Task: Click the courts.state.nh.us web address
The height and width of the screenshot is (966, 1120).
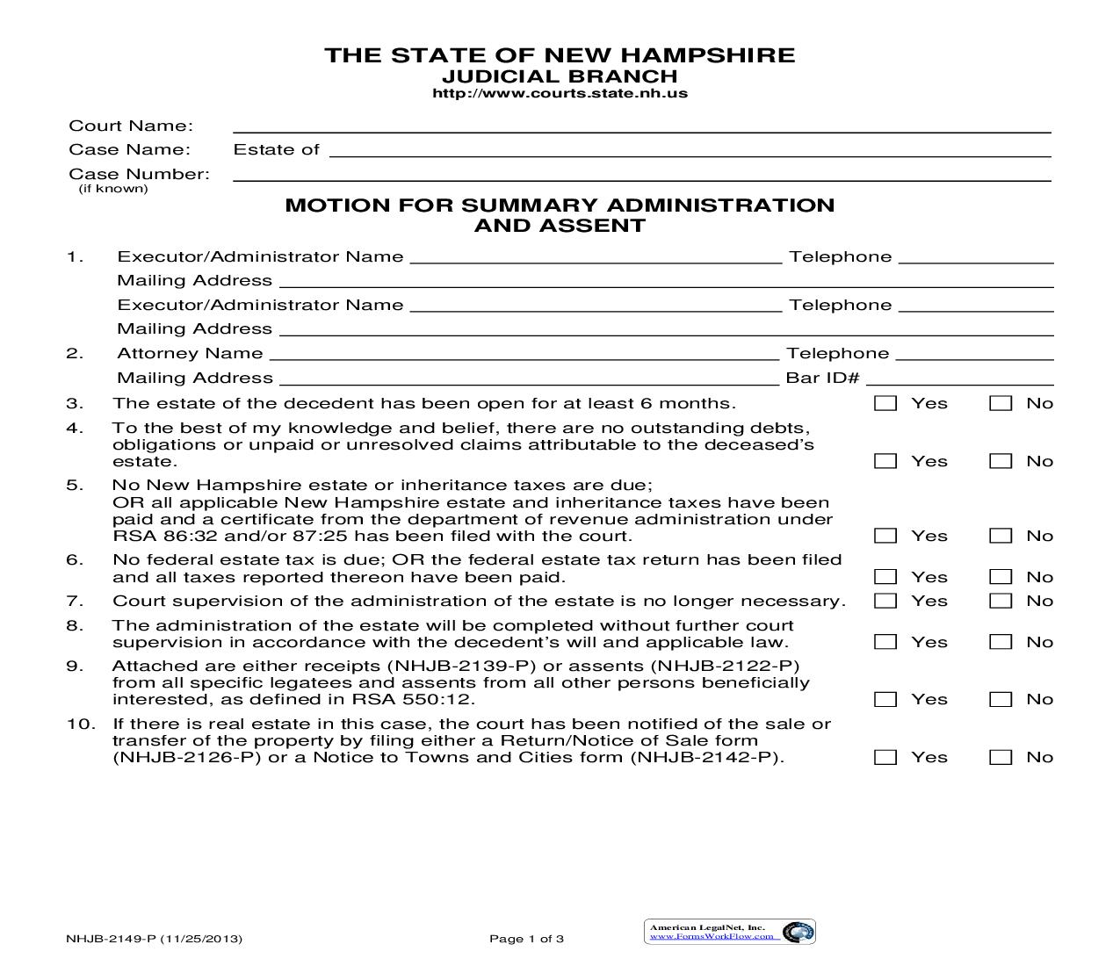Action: tap(560, 93)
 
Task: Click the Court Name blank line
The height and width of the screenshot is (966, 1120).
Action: tap(641, 126)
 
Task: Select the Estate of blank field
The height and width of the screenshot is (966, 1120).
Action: tap(690, 150)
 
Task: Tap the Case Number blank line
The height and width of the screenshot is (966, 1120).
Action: tap(641, 175)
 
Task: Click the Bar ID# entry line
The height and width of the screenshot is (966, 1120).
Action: tap(959, 378)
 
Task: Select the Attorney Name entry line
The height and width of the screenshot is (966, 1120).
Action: tap(524, 354)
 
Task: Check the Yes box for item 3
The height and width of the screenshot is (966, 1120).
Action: tap(885, 404)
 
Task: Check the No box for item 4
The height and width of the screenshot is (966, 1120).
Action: tap(1001, 461)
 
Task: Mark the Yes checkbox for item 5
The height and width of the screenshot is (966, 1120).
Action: tap(885, 536)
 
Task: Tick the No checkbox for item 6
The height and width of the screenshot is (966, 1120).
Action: tap(1001, 577)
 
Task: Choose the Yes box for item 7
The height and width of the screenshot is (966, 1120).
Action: tap(885, 601)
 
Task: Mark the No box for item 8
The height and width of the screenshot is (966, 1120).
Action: tap(1001, 642)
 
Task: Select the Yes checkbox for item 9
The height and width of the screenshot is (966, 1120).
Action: tap(885, 700)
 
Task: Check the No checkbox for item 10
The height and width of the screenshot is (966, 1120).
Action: tap(1001, 757)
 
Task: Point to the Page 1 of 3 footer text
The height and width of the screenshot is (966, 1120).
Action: tap(526, 939)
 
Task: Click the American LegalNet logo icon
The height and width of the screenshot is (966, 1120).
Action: tap(798, 932)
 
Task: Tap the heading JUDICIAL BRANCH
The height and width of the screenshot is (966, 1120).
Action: tap(560, 76)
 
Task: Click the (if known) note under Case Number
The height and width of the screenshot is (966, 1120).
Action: tap(113, 189)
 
